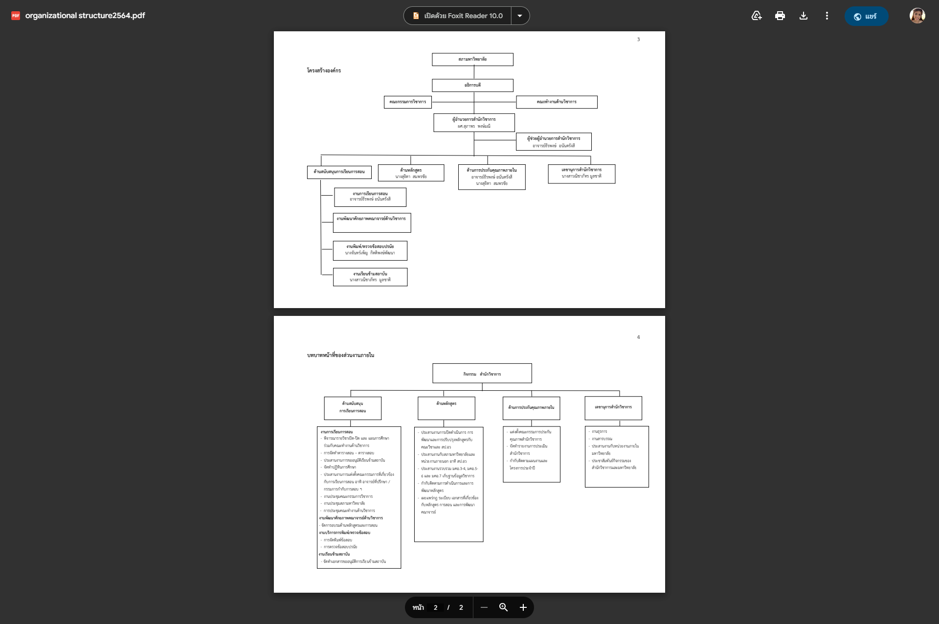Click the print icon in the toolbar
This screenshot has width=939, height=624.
click(780, 16)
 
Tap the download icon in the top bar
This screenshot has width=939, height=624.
click(804, 16)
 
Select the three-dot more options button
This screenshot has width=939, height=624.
click(827, 16)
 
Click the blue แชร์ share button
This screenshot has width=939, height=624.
click(866, 16)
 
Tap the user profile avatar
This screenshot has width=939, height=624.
click(917, 16)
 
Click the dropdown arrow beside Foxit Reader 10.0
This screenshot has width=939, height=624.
click(520, 16)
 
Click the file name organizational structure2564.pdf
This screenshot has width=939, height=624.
click(85, 16)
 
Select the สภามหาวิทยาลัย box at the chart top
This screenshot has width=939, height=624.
click(472, 59)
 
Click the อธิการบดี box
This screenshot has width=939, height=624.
click(472, 85)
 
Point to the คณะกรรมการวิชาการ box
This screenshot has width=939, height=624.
click(407, 102)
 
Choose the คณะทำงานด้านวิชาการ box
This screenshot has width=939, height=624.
click(557, 102)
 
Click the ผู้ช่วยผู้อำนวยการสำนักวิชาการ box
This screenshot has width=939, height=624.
click(554, 141)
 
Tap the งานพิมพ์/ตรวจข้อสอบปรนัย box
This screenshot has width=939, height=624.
click(370, 250)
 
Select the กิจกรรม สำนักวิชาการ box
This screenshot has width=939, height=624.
click(482, 374)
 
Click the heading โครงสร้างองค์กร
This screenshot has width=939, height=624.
click(324, 70)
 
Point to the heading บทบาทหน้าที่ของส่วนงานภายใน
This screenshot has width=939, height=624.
click(340, 355)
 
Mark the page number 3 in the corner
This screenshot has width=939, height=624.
click(638, 39)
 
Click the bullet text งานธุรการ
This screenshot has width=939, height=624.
click(600, 431)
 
